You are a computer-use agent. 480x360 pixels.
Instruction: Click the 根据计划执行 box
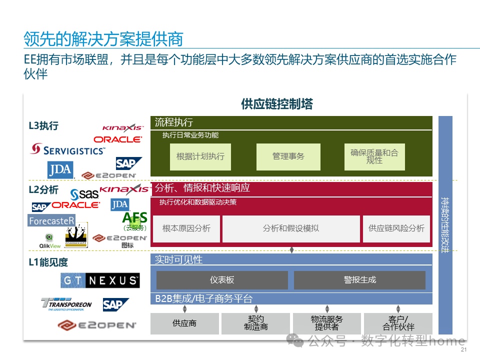[x=200, y=156]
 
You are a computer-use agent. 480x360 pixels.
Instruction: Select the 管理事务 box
[x=288, y=156]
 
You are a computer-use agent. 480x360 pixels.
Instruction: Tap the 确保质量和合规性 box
[x=374, y=156]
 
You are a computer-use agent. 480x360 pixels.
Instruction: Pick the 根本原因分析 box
[x=186, y=228]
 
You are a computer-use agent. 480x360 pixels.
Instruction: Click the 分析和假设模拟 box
[x=291, y=228]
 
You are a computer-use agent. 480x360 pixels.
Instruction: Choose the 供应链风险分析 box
[x=396, y=228]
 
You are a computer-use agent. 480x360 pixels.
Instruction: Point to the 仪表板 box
[x=222, y=280]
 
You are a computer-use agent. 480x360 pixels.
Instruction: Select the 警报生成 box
[x=359, y=280]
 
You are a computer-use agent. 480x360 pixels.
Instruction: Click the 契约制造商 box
[x=255, y=323]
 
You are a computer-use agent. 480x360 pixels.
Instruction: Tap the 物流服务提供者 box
[x=327, y=323]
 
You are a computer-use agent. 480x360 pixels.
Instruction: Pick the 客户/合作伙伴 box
[x=398, y=323]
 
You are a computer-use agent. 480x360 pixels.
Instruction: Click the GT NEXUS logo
[x=100, y=280]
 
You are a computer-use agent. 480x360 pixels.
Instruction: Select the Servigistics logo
[x=68, y=149]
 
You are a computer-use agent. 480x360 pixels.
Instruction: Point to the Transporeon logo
[x=66, y=304]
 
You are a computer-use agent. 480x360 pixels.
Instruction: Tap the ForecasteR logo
[x=51, y=220]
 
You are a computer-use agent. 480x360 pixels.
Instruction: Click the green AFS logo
[x=134, y=218]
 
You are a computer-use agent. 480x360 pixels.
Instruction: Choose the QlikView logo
[x=50, y=241]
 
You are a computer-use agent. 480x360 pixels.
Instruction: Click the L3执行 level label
[x=43, y=126]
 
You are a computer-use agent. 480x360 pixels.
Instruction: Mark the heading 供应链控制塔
[x=276, y=104]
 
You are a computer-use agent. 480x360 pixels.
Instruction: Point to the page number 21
[x=463, y=350]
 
